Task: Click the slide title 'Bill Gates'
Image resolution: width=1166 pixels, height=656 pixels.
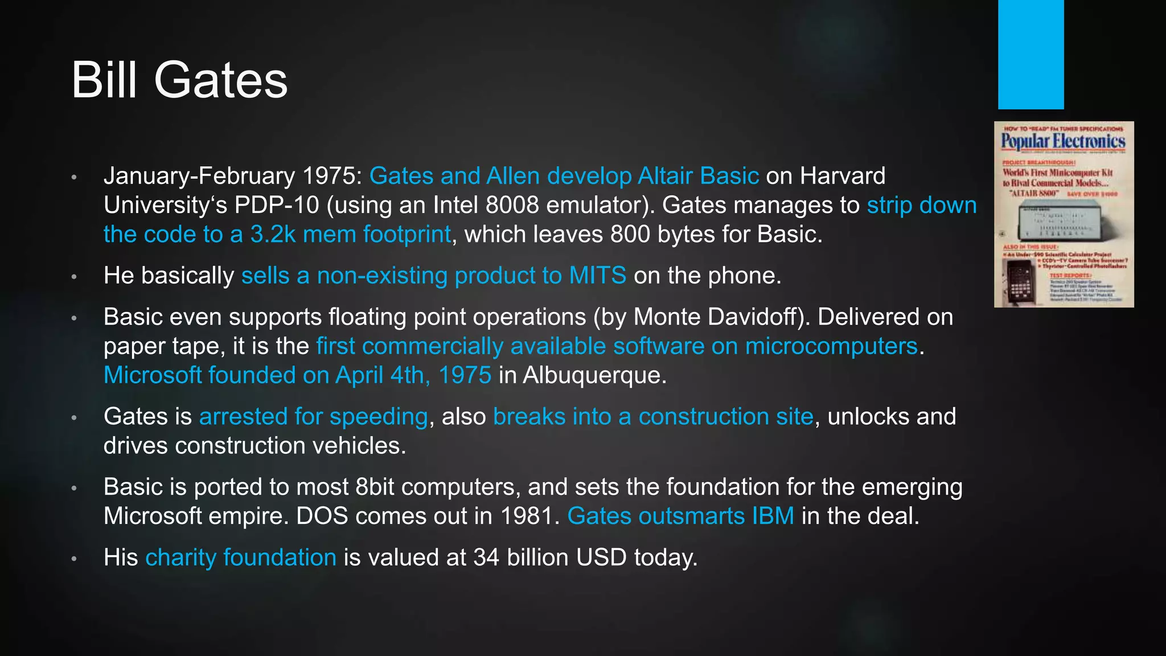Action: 179,80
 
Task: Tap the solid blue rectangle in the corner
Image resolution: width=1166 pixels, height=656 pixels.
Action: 1030,54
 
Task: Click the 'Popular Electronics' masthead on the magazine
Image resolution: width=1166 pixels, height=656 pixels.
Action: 1063,141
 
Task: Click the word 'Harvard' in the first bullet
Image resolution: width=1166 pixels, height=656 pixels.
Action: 843,176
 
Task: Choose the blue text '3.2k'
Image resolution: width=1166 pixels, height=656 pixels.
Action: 272,234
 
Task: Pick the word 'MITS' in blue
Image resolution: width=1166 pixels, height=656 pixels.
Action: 597,276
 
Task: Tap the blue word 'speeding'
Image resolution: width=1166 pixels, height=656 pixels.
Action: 379,417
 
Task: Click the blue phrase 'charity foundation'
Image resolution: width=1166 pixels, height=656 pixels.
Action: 241,557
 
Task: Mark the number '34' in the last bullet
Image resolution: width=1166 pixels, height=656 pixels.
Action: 486,557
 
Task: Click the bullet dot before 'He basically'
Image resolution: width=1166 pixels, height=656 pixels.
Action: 74,277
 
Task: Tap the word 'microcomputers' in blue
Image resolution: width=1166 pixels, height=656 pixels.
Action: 831,346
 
